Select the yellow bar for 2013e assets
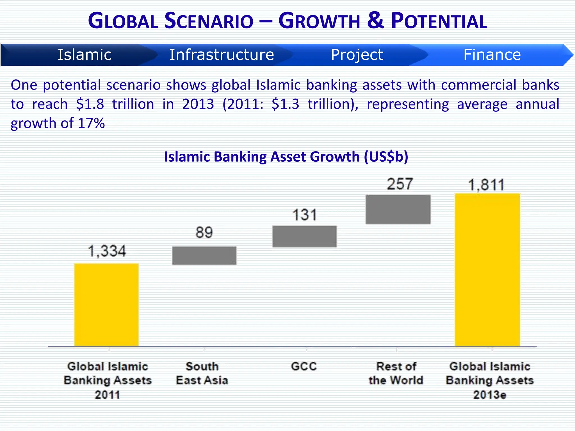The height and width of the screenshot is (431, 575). pyautogui.click(x=487, y=270)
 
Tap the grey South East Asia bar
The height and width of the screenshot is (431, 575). pyautogui.click(x=204, y=255)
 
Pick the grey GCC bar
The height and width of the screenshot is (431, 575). pyautogui.click(x=304, y=236)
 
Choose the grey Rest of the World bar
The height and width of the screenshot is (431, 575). pyautogui.click(x=398, y=209)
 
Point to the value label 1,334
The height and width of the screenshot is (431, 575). pyautogui.click(x=107, y=251)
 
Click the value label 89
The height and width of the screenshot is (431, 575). pyautogui.click(x=204, y=232)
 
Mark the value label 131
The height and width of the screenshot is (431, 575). pyautogui.click(x=305, y=215)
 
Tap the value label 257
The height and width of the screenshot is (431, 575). pyautogui.click(x=400, y=184)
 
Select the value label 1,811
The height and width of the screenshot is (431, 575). pyautogui.click(x=486, y=185)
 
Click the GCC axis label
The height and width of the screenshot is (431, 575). pyautogui.click(x=304, y=366)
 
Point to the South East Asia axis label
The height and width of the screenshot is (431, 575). pyautogui.click(x=202, y=373)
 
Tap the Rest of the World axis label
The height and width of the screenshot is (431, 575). pyautogui.click(x=396, y=373)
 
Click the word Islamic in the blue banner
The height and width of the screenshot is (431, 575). pyautogui.click(x=85, y=54)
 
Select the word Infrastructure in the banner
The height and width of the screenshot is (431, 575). pyautogui.click(x=222, y=54)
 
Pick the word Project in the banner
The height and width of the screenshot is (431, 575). pyautogui.click(x=357, y=54)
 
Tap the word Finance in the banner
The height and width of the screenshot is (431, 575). pyautogui.click(x=492, y=54)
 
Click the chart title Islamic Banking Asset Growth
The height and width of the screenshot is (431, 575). pyautogui.click(x=286, y=157)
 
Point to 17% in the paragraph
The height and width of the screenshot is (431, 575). pyautogui.click(x=91, y=123)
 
